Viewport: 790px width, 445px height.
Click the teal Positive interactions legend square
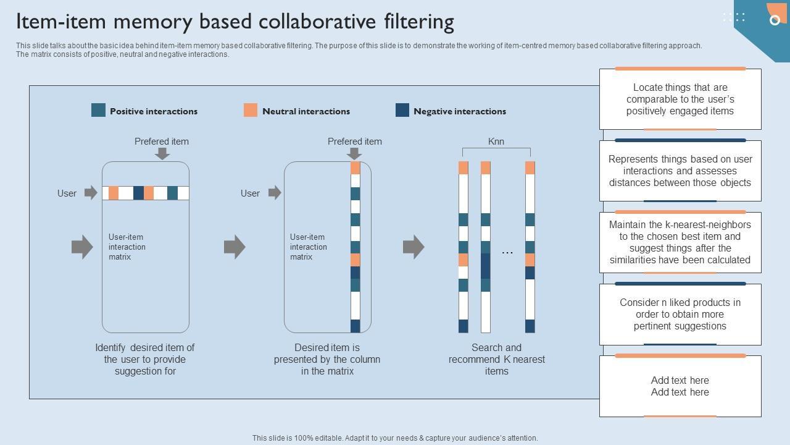(x=98, y=110)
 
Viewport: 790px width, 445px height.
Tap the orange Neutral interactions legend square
(x=250, y=110)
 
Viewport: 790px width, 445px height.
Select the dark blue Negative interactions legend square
(x=402, y=110)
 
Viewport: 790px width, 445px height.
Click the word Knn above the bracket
(x=496, y=142)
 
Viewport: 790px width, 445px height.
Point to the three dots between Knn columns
(x=507, y=252)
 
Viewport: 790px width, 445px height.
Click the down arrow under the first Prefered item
(x=162, y=153)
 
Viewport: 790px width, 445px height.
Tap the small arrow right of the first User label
(x=91, y=193)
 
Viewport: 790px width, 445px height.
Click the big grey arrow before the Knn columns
(x=414, y=247)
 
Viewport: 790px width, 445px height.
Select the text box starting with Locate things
(x=680, y=100)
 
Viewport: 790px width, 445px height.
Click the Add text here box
(x=680, y=386)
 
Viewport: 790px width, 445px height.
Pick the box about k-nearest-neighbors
(x=680, y=242)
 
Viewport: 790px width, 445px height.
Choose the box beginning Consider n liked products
(x=680, y=314)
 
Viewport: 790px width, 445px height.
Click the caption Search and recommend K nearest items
(x=497, y=359)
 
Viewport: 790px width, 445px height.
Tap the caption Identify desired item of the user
(x=145, y=359)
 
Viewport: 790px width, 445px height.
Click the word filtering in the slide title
(x=409, y=22)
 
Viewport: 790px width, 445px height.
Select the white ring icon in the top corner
(x=775, y=20)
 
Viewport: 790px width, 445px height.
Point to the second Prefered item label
(x=355, y=142)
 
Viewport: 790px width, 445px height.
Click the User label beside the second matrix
(x=250, y=193)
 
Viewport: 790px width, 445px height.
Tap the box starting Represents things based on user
(x=680, y=171)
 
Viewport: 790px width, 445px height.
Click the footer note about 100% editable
(x=395, y=438)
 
